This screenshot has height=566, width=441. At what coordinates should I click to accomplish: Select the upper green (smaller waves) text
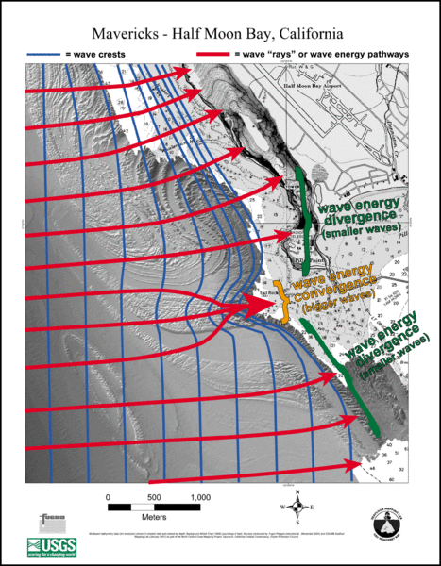362,230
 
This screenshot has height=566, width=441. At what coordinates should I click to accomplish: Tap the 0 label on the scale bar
109,497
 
